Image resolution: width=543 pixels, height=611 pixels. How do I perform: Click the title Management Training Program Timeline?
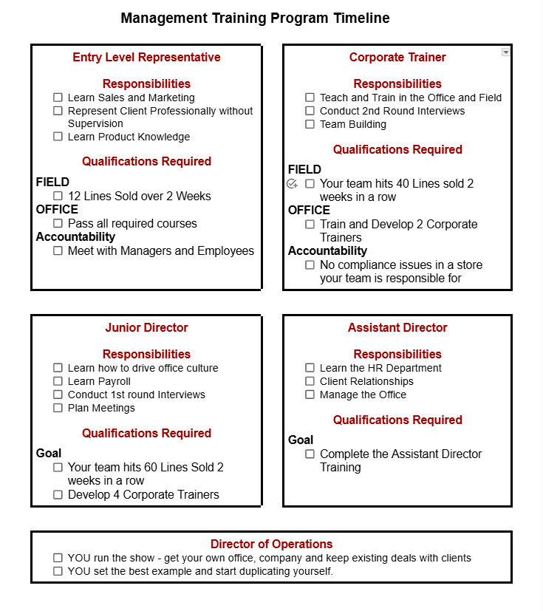click(255, 18)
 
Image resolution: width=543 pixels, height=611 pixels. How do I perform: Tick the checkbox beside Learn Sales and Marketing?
click(58, 98)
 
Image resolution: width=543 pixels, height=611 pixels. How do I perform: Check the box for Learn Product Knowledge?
click(58, 137)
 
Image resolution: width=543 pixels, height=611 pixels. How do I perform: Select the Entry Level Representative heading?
click(146, 57)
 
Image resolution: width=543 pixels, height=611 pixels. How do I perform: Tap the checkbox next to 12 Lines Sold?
click(58, 196)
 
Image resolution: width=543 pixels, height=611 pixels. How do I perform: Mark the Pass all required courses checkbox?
click(58, 223)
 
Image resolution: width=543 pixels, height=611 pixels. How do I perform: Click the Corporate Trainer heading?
click(397, 57)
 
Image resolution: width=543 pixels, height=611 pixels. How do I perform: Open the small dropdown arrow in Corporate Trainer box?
click(505, 52)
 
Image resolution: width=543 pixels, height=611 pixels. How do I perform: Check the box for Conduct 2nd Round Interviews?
click(310, 111)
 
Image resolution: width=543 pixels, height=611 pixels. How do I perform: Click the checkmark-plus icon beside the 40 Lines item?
click(292, 183)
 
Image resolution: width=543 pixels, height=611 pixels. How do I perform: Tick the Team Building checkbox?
click(310, 124)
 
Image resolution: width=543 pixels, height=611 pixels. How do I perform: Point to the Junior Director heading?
click(146, 327)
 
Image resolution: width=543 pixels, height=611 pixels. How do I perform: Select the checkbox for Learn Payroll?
click(58, 381)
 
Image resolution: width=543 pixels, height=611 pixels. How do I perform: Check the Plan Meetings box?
click(58, 408)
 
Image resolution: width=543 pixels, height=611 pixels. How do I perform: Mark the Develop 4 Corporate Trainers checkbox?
click(58, 495)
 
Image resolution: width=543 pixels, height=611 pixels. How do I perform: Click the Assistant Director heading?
click(397, 327)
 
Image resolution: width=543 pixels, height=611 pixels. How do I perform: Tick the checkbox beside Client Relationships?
click(310, 381)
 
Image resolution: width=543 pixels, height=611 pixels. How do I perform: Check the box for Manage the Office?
click(310, 395)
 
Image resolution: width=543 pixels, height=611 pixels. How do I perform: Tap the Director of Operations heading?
click(271, 544)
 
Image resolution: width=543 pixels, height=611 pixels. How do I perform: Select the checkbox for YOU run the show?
click(58, 558)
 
